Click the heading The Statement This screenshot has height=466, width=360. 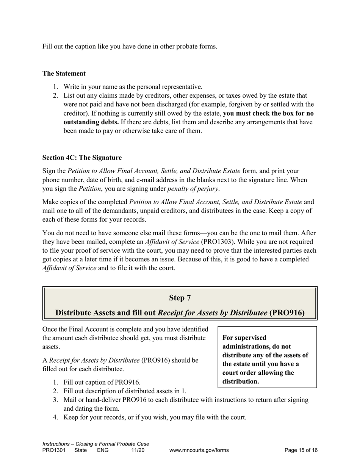pyautogui.click(x=64, y=73)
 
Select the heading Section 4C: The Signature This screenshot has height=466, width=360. pyautogui.click(x=82, y=158)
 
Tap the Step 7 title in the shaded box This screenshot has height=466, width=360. pyautogui.click(x=180, y=298)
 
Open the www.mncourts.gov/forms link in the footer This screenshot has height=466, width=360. pyautogui.click(x=199, y=450)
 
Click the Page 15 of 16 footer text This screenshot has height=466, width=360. pyautogui.click(x=301, y=450)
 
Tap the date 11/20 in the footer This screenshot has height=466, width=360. pyautogui.click(x=138, y=450)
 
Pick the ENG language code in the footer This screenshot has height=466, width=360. pyautogui.click(x=103, y=450)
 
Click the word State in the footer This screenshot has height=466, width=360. pyautogui.click(x=80, y=450)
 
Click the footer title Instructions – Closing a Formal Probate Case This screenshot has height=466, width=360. pyautogui.click(x=95, y=444)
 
